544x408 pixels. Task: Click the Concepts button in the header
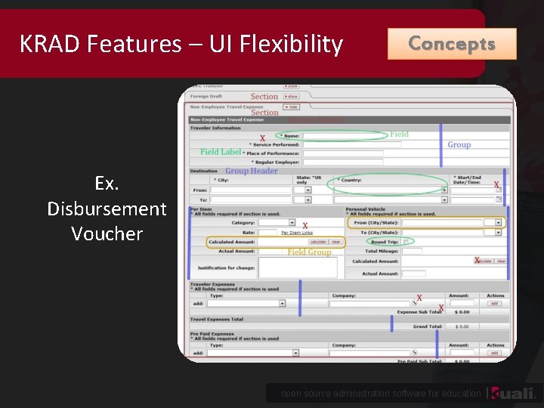tap(452, 44)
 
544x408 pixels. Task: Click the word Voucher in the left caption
tap(107, 233)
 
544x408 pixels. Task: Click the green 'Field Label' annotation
tap(221, 152)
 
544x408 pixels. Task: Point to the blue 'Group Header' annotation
tap(252, 171)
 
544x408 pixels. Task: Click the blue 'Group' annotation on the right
tap(459, 144)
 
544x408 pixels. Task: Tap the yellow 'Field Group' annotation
tap(309, 252)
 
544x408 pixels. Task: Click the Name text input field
tap(345, 136)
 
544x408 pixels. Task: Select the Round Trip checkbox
tap(406, 242)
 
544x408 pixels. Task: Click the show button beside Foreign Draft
tap(292, 97)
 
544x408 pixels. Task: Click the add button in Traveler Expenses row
tap(494, 303)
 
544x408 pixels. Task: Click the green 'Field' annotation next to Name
tap(399, 134)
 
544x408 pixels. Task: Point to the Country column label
tap(350, 181)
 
